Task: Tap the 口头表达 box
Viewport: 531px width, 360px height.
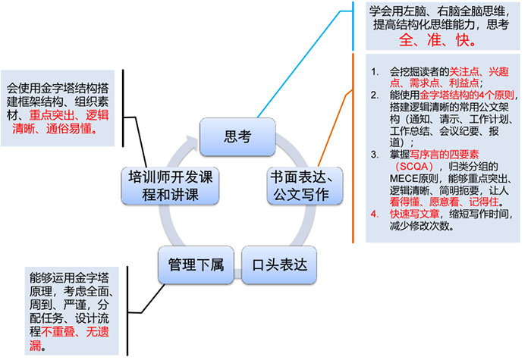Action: pyautogui.click(x=280, y=265)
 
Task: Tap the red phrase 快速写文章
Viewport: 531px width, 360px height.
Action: pyautogui.click(x=414, y=212)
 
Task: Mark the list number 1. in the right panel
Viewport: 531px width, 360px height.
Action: pyautogui.click(x=375, y=71)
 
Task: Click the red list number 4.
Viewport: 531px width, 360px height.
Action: pyautogui.click(x=375, y=212)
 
